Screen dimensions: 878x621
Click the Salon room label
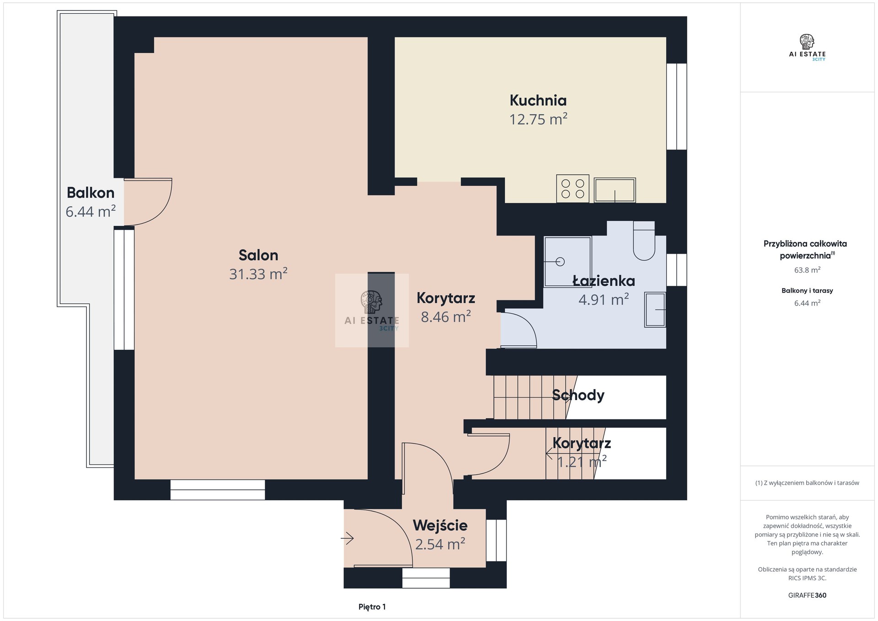tap(258, 255)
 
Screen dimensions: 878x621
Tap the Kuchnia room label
tap(538, 100)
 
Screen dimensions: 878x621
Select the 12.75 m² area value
tap(538, 119)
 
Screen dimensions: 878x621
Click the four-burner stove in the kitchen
tap(573, 188)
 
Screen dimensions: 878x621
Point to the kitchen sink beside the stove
tap(615, 190)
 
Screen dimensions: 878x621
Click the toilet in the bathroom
tap(644, 241)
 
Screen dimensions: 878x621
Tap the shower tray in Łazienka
tap(567, 262)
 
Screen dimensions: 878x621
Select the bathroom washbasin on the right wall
tap(655, 310)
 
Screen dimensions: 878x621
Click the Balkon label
tap(91, 193)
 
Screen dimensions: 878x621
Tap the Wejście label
tap(440, 525)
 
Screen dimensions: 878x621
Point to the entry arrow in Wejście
tap(347, 539)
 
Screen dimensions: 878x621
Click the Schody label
tap(578, 395)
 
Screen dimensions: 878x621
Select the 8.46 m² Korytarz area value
tap(446, 317)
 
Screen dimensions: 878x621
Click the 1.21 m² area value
tap(582, 462)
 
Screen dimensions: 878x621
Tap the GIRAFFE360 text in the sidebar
tap(807, 595)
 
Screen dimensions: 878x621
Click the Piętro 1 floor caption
tap(372, 607)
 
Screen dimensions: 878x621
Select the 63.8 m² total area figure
tap(807, 270)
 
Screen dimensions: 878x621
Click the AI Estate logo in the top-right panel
tap(807, 48)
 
